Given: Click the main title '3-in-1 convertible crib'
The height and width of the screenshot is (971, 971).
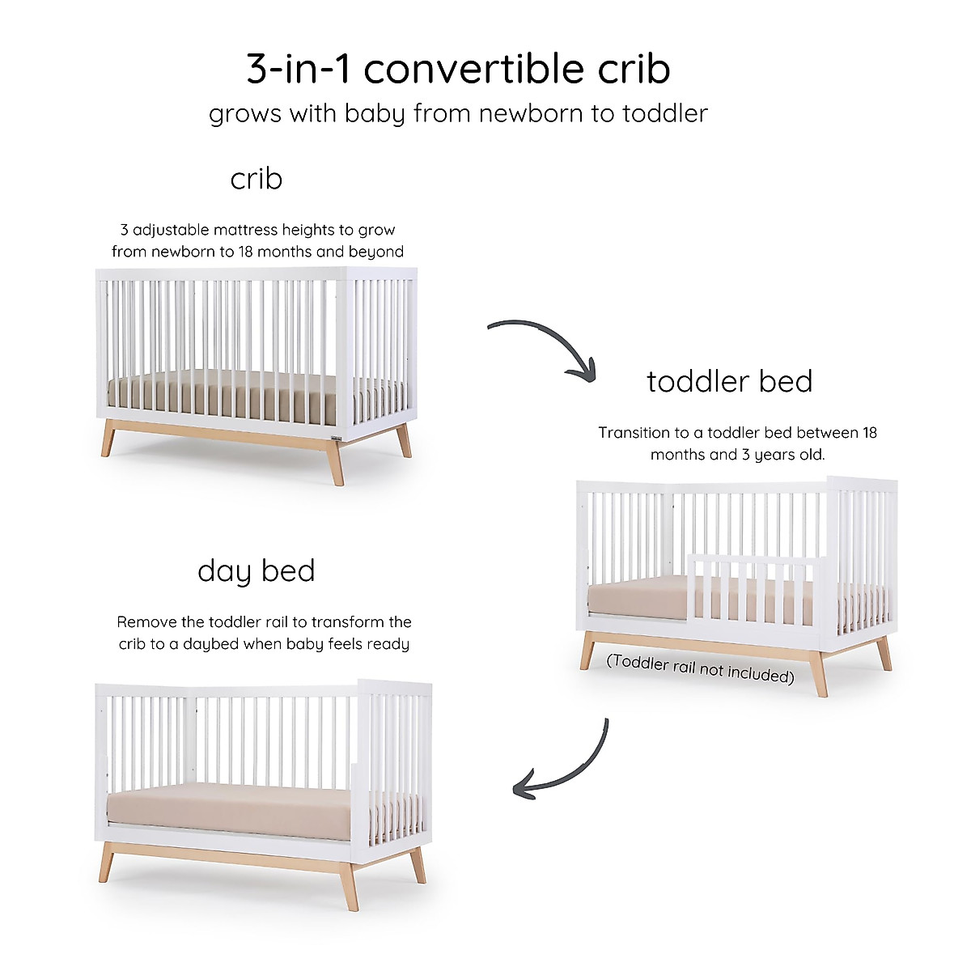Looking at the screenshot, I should [458, 70].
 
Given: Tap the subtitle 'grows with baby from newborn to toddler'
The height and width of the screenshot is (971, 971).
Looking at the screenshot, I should [458, 113].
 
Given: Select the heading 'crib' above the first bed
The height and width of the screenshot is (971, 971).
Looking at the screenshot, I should [256, 179].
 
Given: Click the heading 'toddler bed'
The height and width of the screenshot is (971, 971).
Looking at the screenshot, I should [729, 382].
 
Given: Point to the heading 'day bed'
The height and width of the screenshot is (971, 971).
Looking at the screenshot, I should [256, 571].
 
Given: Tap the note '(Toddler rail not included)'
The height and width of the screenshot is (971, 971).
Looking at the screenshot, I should [700, 668].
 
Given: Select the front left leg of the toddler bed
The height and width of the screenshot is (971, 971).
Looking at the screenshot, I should [587, 652].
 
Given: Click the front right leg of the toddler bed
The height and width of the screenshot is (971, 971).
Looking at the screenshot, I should [819, 676].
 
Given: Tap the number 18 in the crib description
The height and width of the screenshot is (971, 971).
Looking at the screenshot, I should [246, 252].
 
